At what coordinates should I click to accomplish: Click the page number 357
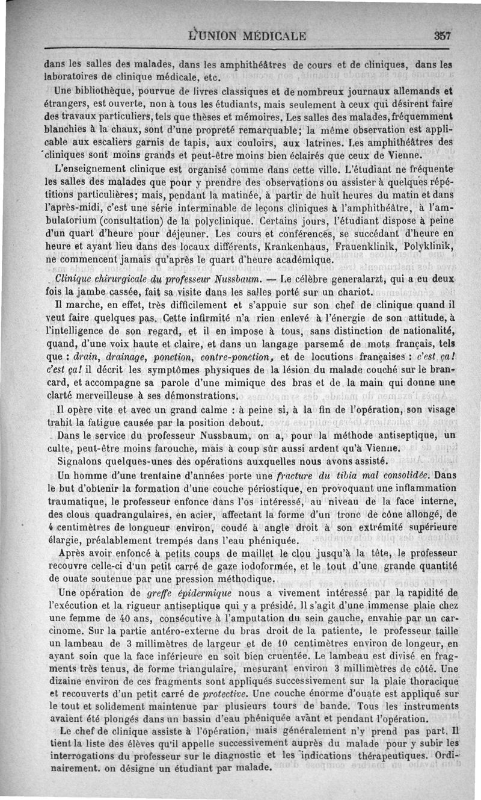(x=443, y=35)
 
